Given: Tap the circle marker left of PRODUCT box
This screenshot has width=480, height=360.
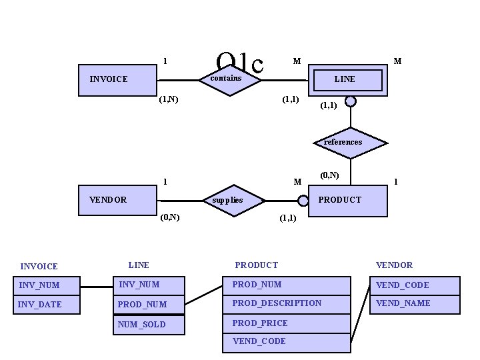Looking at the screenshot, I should click(x=303, y=199).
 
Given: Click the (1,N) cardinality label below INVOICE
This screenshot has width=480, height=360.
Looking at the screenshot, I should click(x=168, y=100).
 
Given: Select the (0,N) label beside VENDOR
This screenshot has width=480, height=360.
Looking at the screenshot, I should click(x=169, y=217).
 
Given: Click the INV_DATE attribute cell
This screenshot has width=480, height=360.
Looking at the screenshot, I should click(x=41, y=305).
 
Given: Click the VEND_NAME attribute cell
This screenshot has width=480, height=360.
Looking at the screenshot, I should click(x=416, y=303).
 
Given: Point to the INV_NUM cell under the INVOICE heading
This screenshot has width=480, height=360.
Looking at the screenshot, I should click(x=41, y=285).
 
